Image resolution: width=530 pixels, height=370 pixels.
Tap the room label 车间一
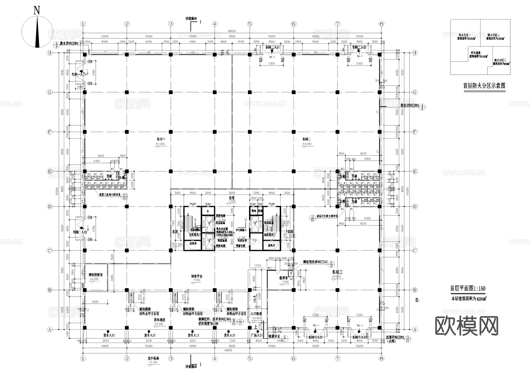(x=161, y=139)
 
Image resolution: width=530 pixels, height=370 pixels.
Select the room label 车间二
(x=307, y=139)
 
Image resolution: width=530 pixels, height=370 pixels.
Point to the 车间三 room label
(x=337, y=272)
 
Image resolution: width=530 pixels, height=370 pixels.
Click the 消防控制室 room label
(x=96, y=274)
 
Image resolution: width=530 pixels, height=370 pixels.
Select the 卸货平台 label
(x=197, y=276)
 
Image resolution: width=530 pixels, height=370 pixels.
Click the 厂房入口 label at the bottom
(x=257, y=335)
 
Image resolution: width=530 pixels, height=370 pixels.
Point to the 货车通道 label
(x=159, y=320)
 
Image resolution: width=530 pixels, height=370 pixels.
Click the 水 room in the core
(x=208, y=211)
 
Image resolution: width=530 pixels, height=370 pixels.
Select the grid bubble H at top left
(x=50, y=53)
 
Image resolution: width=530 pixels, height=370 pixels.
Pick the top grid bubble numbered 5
(x=250, y=24)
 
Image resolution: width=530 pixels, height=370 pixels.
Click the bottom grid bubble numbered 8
(x=381, y=359)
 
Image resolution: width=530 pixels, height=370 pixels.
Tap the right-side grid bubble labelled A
(x=415, y=329)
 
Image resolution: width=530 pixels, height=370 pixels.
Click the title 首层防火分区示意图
(x=484, y=86)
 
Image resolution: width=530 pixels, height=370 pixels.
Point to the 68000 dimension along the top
(x=232, y=31)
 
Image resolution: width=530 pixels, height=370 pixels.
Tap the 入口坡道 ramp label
(x=256, y=314)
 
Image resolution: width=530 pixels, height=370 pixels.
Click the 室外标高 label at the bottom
(x=153, y=359)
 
